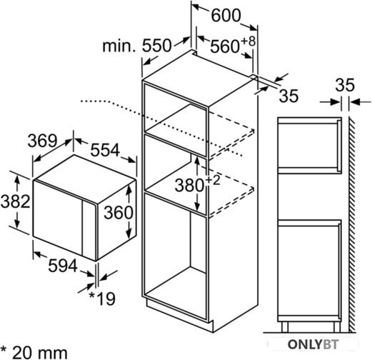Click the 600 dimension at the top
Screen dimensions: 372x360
click(226, 16)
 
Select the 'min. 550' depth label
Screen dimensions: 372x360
click(137, 46)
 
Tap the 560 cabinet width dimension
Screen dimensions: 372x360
click(225, 46)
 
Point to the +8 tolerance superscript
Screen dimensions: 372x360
click(248, 41)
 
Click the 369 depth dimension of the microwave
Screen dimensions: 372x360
click(42, 141)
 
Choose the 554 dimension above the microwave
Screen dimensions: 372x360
click(105, 150)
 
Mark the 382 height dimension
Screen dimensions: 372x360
click(15, 201)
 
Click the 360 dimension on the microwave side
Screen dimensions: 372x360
click(119, 212)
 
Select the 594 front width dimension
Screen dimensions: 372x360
click(63, 266)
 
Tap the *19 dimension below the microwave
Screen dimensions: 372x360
click(102, 299)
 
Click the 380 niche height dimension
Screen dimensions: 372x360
click(189, 185)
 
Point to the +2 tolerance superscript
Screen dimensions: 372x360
click(213, 181)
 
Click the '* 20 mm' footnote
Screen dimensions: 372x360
click(34, 352)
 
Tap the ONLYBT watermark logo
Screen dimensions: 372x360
click(313, 344)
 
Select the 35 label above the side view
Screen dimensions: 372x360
click(345, 85)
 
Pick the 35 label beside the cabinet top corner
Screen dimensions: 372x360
click(288, 96)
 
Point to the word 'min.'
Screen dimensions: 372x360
click(119, 46)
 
